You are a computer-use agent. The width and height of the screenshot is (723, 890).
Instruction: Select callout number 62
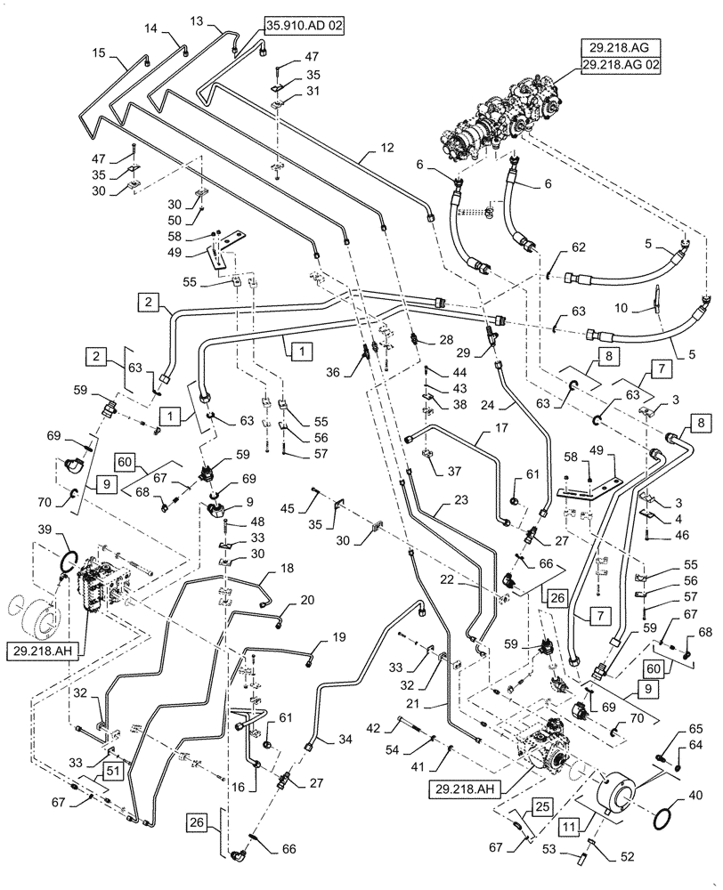579,248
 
